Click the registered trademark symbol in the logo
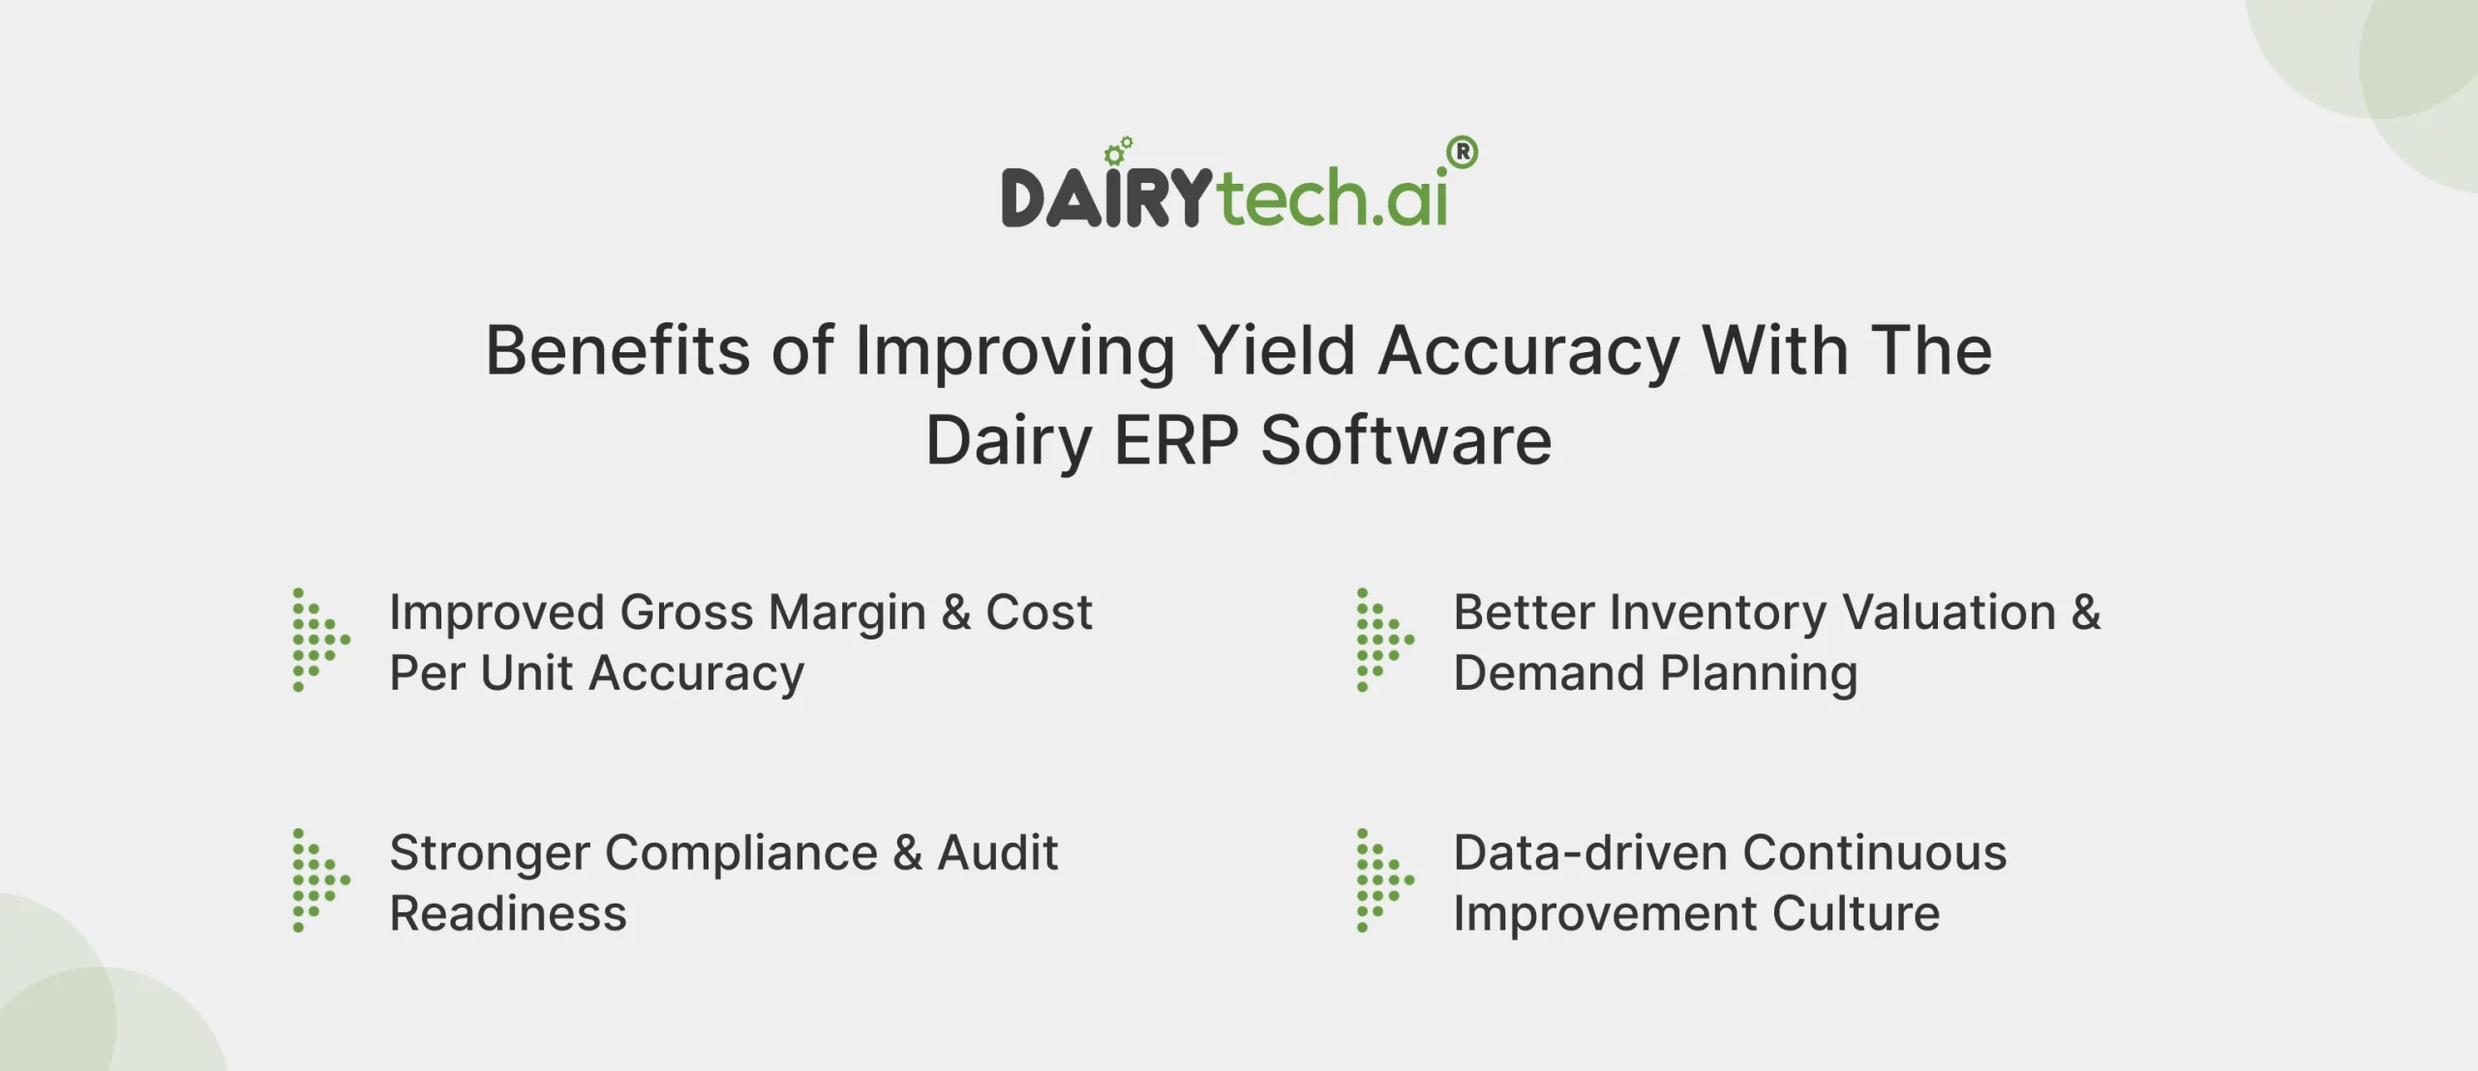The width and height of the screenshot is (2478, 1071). (x=1463, y=152)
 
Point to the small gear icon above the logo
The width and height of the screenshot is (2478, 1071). (x=1118, y=151)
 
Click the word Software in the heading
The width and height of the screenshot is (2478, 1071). (x=1405, y=441)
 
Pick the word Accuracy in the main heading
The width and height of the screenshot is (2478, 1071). (x=1528, y=352)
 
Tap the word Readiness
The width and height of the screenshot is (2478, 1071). (x=508, y=914)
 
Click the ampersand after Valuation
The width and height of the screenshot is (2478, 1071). (x=2086, y=613)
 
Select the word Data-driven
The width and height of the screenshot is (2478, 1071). (x=1589, y=853)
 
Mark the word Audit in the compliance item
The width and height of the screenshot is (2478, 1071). (x=997, y=853)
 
